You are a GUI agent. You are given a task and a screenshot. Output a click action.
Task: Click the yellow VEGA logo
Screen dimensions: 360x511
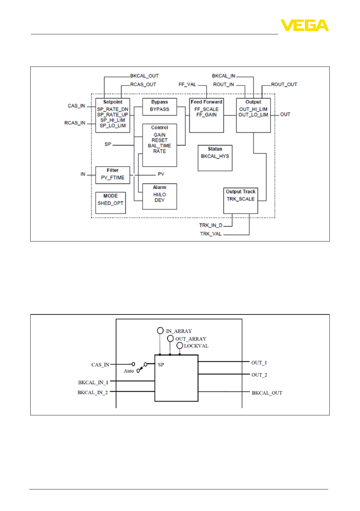click(x=304, y=25)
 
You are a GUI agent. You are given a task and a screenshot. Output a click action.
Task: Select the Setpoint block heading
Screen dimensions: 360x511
click(x=113, y=102)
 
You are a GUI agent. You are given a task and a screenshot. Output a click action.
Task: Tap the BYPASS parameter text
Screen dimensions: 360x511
click(x=159, y=109)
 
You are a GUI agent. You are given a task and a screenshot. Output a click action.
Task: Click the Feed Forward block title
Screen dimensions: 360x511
click(x=206, y=102)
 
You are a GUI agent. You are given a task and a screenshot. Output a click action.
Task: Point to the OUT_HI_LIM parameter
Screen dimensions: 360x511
click(x=253, y=109)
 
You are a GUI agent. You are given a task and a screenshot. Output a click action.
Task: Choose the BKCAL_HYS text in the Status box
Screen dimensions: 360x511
click(x=215, y=156)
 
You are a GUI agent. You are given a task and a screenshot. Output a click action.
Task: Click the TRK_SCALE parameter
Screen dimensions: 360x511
click(x=240, y=199)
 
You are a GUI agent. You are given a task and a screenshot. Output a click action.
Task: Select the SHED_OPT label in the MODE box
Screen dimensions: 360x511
click(x=110, y=203)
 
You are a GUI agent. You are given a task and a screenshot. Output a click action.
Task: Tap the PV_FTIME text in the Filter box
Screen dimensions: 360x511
click(x=113, y=178)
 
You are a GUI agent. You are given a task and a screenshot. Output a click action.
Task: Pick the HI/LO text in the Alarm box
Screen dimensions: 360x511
click(x=159, y=195)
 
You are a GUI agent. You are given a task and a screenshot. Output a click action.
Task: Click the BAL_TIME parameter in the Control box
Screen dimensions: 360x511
click(x=159, y=146)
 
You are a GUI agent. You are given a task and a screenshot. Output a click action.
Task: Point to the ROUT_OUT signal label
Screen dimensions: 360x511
click(x=284, y=85)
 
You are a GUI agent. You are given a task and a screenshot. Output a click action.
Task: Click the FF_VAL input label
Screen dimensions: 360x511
click(x=187, y=85)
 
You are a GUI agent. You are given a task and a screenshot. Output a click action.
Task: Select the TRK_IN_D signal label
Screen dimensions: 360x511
click(x=211, y=225)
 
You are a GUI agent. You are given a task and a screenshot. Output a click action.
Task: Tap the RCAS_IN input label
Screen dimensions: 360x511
click(x=75, y=123)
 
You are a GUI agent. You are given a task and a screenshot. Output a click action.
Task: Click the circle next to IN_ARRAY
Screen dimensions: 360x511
click(x=160, y=331)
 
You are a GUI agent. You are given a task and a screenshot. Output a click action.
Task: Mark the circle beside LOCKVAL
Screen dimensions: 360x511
click(x=180, y=345)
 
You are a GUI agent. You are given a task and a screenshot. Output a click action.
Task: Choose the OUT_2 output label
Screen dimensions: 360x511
click(x=259, y=375)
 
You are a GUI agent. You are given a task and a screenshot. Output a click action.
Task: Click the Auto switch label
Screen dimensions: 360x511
click(x=129, y=371)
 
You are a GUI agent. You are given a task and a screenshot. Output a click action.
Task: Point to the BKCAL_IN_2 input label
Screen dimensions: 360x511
click(x=93, y=392)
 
